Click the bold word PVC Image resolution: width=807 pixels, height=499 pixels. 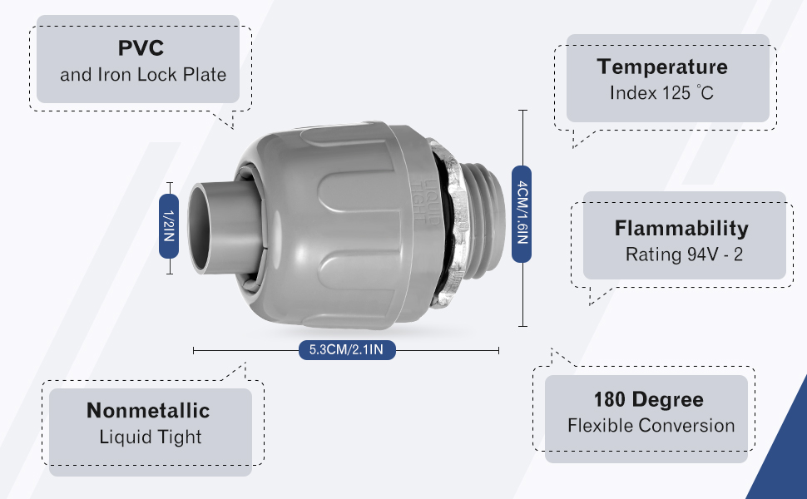[141, 48]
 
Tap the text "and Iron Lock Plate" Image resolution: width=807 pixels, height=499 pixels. [143, 75]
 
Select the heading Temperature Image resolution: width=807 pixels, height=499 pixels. [662, 67]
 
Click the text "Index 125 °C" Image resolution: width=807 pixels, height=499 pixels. [662, 93]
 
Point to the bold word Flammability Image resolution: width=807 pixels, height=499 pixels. [681, 229]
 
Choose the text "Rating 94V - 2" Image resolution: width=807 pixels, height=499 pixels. [684, 254]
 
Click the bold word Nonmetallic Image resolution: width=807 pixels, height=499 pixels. [148, 411]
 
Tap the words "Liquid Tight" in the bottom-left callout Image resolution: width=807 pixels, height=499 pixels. [151, 437]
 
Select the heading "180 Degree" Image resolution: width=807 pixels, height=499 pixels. [648, 400]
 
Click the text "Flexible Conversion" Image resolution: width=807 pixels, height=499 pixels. [651, 426]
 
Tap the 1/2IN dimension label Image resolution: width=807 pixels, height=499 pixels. [169, 226]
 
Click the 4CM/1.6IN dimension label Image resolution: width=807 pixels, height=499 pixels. [522, 214]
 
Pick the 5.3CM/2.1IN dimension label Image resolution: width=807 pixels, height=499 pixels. [347, 350]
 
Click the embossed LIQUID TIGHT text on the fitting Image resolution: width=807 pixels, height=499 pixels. [427, 200]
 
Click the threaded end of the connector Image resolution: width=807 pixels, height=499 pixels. [484, 221]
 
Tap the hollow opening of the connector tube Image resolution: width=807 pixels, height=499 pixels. [200, 228]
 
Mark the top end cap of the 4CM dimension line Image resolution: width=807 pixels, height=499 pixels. [523, 110]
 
